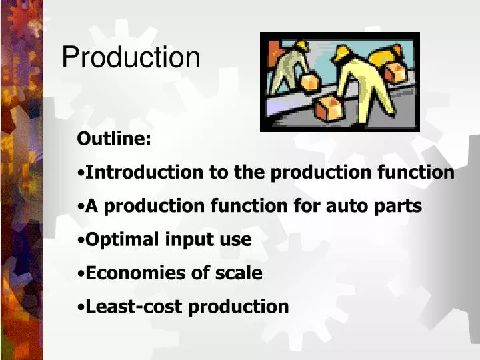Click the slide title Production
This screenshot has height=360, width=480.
tap(131, 57)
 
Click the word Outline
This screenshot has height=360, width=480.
tap(114, 139)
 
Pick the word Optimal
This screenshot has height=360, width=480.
tap(124, 240)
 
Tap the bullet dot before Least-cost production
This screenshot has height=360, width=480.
tap(81, 307)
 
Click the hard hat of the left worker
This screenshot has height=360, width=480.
tap(301, 45)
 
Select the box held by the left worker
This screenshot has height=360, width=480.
tap(310, 82)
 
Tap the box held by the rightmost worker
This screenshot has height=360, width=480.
tap(395, 71)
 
